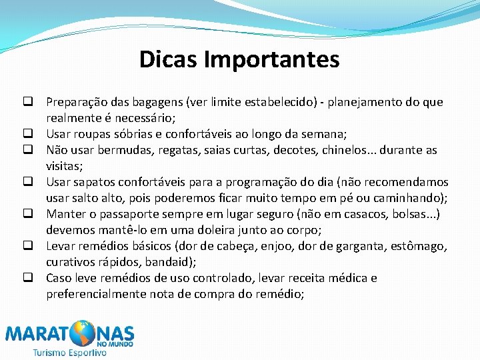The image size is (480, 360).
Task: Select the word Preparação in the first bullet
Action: (74, 103)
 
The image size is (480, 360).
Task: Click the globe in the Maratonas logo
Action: (85, 333)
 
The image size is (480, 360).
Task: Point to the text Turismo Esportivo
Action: (69, 353)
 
